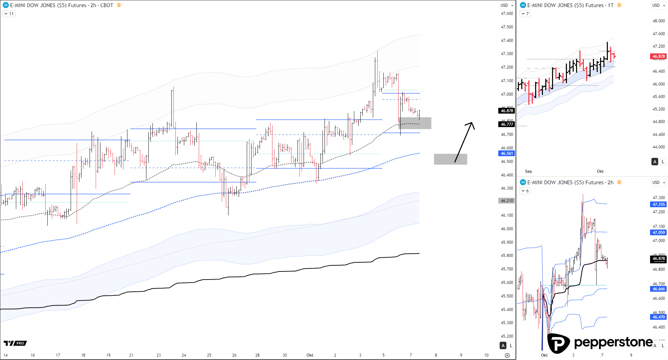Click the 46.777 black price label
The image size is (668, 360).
coord(506,124)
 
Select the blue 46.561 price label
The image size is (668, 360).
coord(506,153)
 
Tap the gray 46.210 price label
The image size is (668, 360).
coord(506,201)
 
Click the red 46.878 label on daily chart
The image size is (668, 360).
coord(658,56)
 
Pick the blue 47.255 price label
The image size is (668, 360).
coord(658,205)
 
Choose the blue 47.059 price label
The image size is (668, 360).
coord(658,233)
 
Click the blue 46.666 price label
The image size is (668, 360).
coord(658,289)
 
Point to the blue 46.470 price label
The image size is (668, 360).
coord(658,317)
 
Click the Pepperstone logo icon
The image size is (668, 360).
coord(558,343)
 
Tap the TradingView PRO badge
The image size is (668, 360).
coord(15,343)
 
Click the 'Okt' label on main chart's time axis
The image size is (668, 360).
coord(310,355)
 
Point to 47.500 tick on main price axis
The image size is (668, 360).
coord(507,27)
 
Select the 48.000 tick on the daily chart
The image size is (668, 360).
coord(658,21)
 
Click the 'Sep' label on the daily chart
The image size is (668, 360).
coord(528,171)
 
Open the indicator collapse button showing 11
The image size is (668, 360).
coord(9,14)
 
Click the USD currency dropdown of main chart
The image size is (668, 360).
coord(507,5)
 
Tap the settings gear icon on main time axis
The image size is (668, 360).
coord(507,355)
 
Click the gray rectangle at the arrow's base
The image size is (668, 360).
coord(450,159)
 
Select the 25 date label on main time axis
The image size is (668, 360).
coord(209,355)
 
